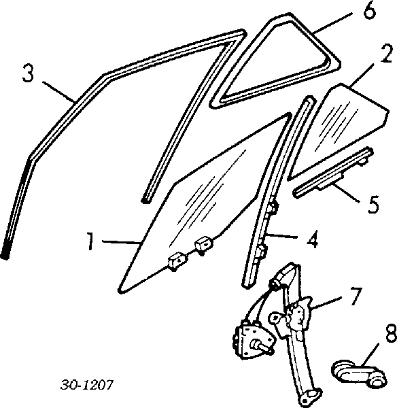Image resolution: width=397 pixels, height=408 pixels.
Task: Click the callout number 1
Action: (x=90, y=241)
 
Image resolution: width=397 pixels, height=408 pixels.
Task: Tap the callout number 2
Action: (x=386, y=54)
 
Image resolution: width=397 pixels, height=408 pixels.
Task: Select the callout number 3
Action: (x=28, y=73)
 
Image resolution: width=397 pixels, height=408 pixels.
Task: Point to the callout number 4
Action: (x=313, y=239)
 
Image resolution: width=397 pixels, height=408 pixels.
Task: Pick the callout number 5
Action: (x=373, y=204)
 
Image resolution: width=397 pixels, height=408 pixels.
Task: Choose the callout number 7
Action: (x=356, y=296)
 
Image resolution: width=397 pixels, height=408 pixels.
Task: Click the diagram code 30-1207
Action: (x=87, y=385)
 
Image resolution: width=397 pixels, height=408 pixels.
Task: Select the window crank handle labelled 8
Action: (x=359, y=373)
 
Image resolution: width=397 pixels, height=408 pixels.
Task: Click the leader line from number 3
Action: (x=58, y=92)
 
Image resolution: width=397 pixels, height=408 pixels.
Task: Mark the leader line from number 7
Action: (x=327, y=302)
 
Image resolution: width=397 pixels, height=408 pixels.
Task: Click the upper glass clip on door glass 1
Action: (x=204, y=245)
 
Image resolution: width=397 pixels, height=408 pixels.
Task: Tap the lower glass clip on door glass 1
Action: (x=178, y=261)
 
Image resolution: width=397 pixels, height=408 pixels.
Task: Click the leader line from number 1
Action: (x=122, y=242)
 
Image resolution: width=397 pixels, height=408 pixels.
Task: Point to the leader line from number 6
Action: (x=332, y=23)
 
